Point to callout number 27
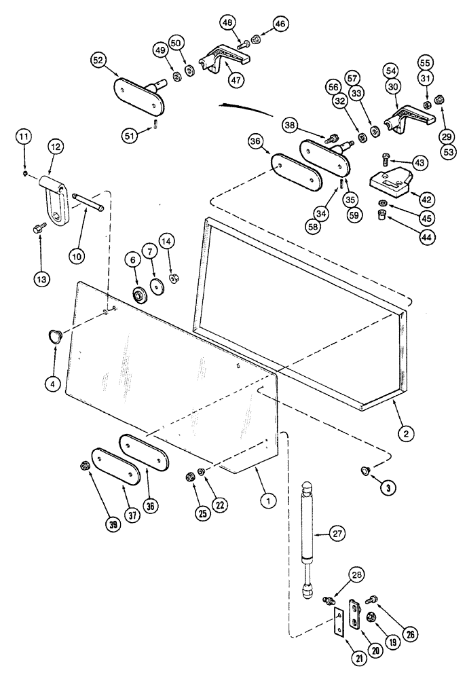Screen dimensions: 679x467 coord(337,534)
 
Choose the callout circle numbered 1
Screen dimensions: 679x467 coord(269,500)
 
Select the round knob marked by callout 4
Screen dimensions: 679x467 coord(54,335)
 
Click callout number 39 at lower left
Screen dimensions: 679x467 coord(113,526)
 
